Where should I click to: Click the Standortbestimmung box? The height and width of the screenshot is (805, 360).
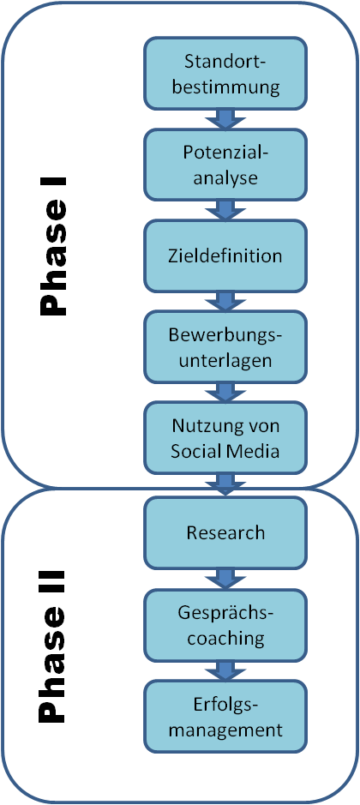pos(225,74)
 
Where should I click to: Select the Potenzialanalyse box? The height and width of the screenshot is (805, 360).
pos(225,165)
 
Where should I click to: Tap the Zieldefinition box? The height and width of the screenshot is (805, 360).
pos(225,255)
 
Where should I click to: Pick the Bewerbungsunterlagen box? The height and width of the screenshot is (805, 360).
pos(225,346)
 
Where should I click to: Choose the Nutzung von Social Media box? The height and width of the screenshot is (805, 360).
pos(225,437)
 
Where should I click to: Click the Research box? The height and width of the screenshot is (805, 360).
pos(225,532)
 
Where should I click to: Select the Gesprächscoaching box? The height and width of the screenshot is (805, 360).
pos(225,624)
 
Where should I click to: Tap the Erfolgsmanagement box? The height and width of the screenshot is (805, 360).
pos(225,716)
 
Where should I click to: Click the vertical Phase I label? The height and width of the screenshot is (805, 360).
pos(53,246)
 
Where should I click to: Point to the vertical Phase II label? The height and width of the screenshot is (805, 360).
pos(53,646)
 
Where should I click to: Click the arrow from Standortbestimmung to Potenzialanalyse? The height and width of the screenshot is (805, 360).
pos(225,119)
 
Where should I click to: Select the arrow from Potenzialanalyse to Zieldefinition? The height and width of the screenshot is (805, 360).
pos(225,210)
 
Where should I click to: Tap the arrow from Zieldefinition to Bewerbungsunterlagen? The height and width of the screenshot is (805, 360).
pos(225,302)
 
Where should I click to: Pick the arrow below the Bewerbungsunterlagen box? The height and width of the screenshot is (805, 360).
pos(225,393)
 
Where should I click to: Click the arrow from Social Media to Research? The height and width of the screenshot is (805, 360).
pos(225,484)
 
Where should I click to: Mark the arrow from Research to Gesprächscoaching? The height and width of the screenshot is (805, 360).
pos(225,579)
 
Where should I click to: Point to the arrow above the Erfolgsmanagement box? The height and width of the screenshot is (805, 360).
pos(225,670)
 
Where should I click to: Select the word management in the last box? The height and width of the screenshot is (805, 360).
pos(225,729)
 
